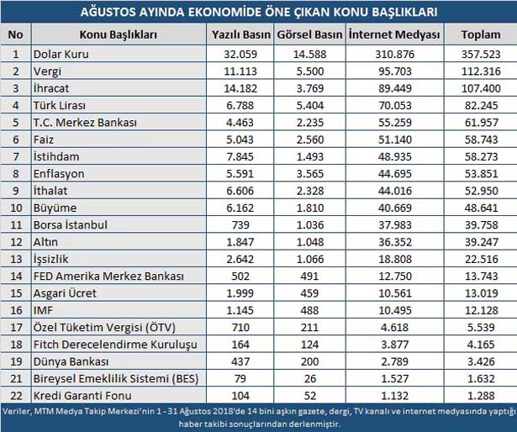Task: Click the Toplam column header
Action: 481,35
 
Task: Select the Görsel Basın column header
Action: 309,35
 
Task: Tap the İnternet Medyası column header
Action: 394,35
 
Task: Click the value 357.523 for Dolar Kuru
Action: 481,54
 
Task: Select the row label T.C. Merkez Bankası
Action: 87,123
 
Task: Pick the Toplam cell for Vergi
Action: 481,71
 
